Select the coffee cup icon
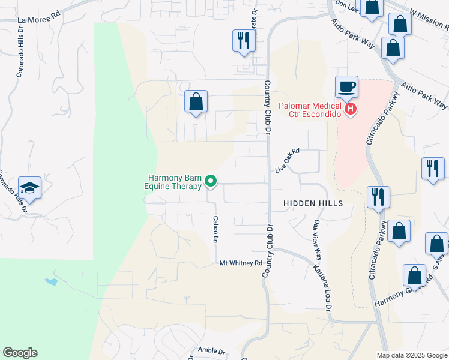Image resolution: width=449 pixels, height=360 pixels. [347, 87]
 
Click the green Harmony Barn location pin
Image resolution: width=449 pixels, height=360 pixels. [211, 180]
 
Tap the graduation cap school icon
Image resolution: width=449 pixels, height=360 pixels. [29, 188]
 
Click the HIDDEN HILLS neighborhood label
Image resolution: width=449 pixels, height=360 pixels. [313, 203]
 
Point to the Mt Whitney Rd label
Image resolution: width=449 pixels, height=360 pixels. [241, 263]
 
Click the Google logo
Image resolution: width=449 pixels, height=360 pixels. [20, 353]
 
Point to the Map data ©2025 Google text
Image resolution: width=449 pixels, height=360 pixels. [412, 355]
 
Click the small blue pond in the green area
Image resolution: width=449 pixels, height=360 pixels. [50, 280]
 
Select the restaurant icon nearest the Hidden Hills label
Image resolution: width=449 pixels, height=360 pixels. [378, 197]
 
